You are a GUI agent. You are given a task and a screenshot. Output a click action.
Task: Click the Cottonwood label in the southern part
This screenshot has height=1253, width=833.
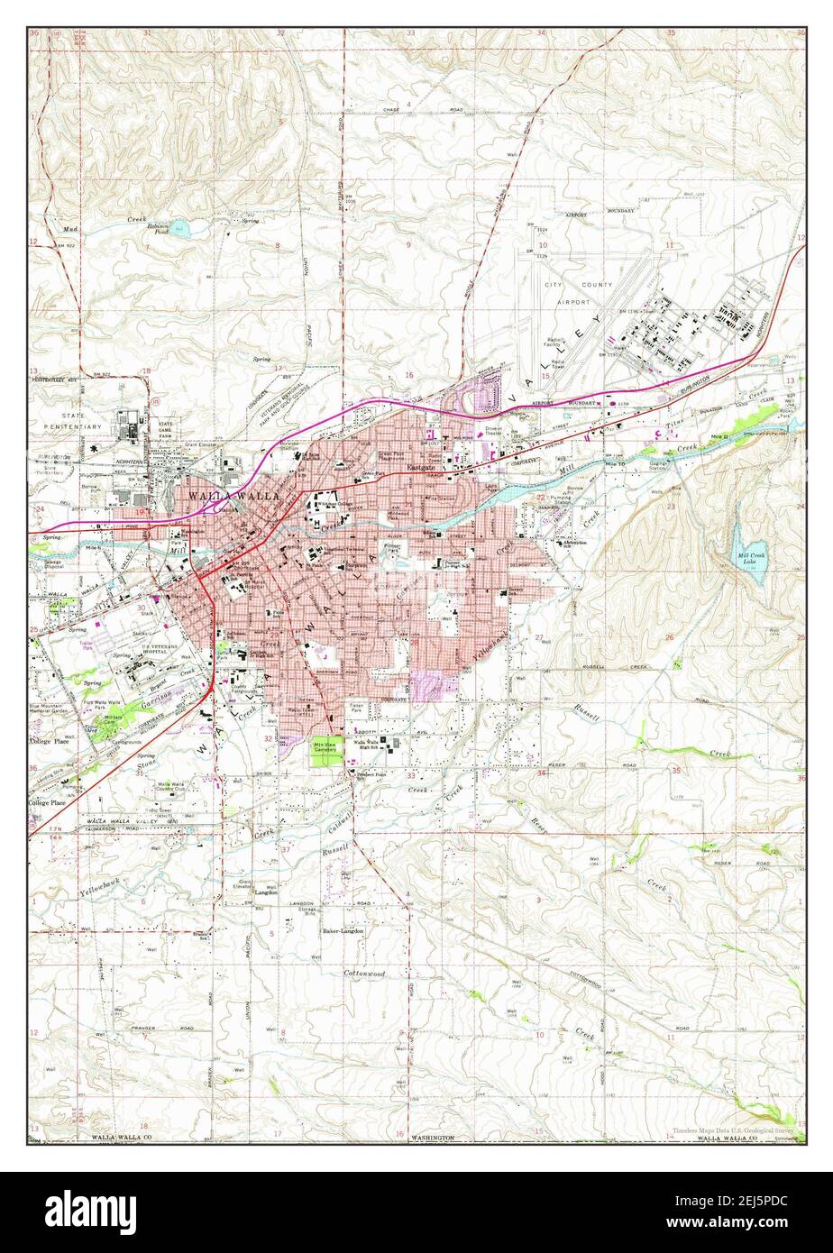[x=364, y=974]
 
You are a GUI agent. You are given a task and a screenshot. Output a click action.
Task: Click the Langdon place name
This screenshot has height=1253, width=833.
[x=266, y=892]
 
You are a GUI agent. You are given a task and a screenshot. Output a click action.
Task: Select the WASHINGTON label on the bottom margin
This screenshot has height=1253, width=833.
[x=434, y=1138]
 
